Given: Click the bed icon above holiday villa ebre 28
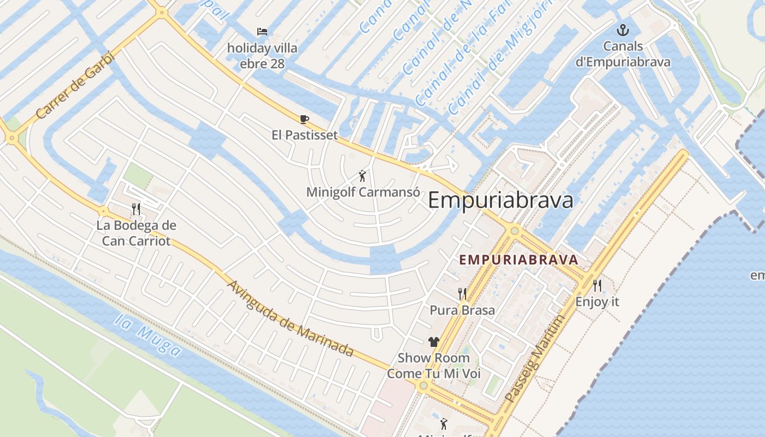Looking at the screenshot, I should pos(262,32).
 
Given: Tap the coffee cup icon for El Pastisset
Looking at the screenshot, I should pos(304,119).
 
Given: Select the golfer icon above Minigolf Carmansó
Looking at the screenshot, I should pos(362,176).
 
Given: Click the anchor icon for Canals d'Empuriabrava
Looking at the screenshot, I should pos(622,30).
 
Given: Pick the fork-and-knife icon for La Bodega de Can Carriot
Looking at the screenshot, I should pos(136,209).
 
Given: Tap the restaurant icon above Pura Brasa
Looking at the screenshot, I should pos(462,294).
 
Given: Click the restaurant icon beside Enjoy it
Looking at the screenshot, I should pos(597,285).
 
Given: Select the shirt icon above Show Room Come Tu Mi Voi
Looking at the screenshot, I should pos(434,342).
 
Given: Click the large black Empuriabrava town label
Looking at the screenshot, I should pos(501,200).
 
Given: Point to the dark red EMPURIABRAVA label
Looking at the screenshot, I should pos(519,259).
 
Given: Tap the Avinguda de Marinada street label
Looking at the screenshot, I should pos(290,318).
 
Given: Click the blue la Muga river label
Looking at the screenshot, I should pos(148,334).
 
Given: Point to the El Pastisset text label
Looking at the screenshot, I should pos(305,135).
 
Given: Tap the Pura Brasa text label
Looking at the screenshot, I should pos(462,310).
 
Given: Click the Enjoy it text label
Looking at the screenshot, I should pos(597,302).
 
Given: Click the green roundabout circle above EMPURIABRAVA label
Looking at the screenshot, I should pos(514,231).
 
